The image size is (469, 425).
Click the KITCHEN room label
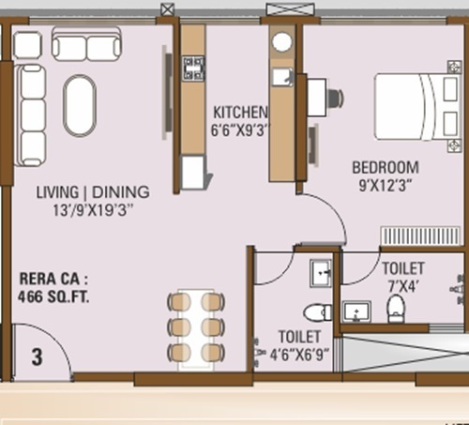point(240,111)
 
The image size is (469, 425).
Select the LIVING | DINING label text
point(92,191)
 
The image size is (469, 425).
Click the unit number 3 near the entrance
point(37,357)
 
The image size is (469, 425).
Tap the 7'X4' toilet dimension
point(402,284)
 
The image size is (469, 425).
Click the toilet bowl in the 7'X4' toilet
point(396,307)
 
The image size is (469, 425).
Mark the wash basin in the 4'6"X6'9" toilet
point(322,272)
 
